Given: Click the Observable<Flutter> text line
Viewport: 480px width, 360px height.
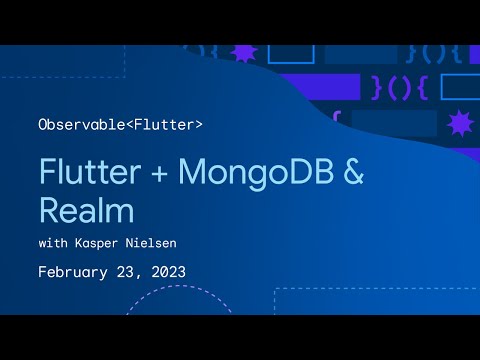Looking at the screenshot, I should click(x=120, y=125).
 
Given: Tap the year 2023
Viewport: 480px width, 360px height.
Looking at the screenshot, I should click(x=167, y=271).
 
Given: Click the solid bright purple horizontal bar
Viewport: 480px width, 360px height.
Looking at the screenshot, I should click(x=310, y=86).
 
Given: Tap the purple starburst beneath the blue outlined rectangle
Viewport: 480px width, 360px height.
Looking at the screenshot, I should click(x=459, y=123).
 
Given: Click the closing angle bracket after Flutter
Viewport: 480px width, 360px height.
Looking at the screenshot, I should click(x=199, y=125).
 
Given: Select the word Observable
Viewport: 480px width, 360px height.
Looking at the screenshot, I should click(x=77, y=125).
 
